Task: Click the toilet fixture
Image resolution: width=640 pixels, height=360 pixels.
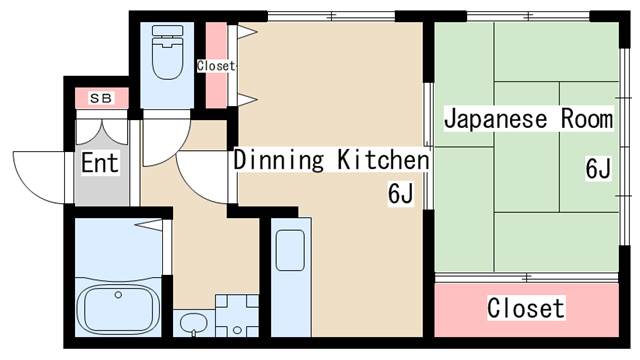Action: point(167,52)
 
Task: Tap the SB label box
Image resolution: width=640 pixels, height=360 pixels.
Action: point(102,98)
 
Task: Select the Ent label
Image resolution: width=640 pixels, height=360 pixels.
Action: point(100,162)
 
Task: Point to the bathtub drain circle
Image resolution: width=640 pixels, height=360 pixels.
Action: point(118,294)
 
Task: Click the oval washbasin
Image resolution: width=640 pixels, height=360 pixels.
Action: point(194,323)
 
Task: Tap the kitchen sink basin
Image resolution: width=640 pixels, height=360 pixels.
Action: point(290,251)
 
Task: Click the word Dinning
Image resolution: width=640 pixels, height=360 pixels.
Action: point(279,159)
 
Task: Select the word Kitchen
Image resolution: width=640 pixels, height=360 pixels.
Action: point(383,159)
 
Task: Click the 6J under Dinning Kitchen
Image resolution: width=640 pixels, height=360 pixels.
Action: point(401,193)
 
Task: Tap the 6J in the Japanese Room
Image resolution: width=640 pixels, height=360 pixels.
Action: point(598,168)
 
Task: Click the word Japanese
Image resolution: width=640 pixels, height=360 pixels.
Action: point(495,119)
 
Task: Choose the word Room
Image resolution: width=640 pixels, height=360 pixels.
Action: point(587,118)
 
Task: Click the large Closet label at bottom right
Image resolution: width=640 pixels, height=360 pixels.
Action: point(526,308)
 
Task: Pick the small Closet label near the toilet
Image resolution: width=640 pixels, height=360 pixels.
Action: point(216,66)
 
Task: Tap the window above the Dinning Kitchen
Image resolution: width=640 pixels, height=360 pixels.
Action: point(331,17)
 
